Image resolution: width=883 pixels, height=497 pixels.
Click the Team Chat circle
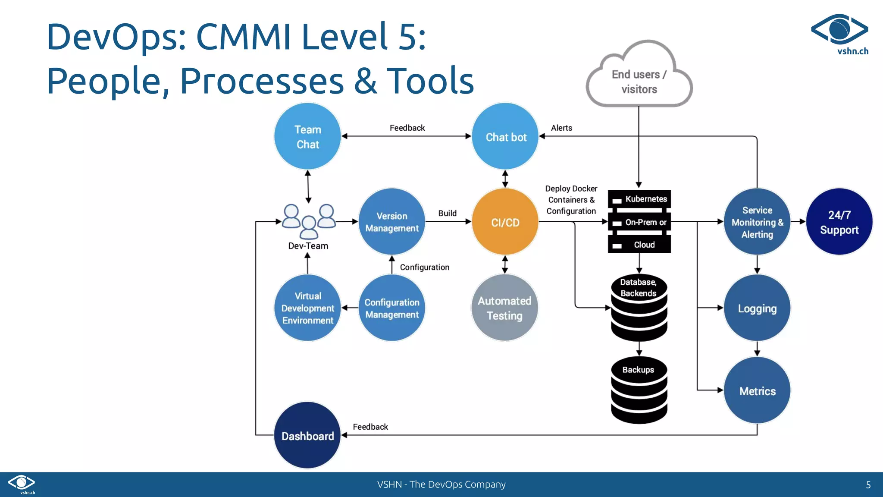(307, 136)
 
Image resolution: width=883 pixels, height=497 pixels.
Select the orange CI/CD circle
(505, 222)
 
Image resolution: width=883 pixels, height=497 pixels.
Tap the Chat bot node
(505, 136)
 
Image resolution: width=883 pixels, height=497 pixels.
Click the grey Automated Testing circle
(504, 308)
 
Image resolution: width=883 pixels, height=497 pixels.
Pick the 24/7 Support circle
(839, 222)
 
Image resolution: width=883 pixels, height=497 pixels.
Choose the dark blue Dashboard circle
(307, 435)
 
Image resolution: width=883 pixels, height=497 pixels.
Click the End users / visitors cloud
(639, 82)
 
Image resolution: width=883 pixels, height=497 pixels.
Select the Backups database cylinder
(639, 390)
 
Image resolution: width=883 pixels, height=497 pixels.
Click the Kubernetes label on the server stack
(646, 199)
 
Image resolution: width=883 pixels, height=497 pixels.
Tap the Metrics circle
(757, 390)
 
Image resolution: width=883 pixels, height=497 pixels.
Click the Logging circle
(757, 308)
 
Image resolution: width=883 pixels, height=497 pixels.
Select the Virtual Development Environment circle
(307, 308)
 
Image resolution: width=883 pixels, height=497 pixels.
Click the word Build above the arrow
(447, 213)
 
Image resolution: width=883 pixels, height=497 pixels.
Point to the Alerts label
(561, 128)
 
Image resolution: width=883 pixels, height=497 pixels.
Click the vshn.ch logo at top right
(840, 35)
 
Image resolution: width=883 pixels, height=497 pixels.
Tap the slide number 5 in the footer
(868, 485)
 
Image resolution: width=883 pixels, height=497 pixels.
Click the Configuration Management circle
(392, 308)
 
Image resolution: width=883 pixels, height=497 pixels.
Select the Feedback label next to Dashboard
(370, 427)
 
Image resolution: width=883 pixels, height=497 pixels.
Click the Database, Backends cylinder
(639, 307)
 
